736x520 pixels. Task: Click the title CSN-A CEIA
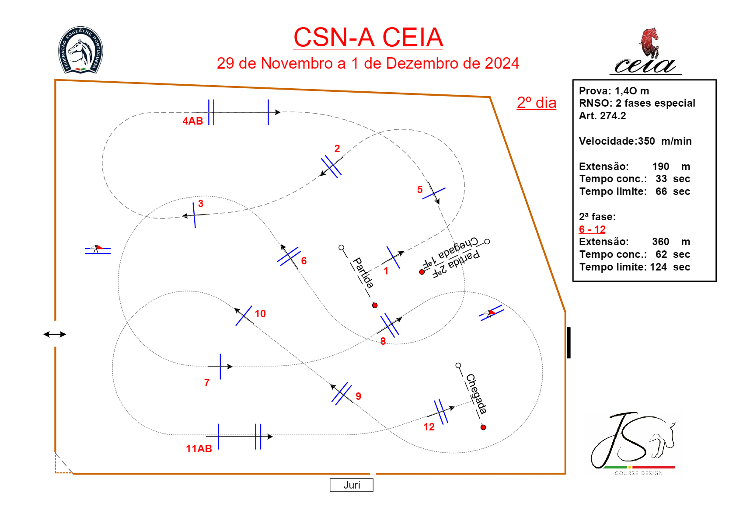pyautogui.click(x=368, y=38)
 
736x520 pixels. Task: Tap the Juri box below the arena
pyautogui.click(x=352, y=485)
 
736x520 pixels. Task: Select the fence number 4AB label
pyautogui.click(x=193, y=121)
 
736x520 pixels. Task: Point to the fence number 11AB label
pyautogui.click(x=199, y=449)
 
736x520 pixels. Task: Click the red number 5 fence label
pyautogui.click(x=420, y=190)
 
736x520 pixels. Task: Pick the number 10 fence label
pyautogui.click(x=260, y=314)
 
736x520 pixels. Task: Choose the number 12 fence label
pyautogui.click(x=429, y=427)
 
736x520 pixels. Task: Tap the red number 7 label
pyautogui.click(x=207, y=383)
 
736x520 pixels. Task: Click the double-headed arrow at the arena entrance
pyautogui.click(x=55, y=334)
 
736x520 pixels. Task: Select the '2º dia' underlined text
pyautogui.click(x=537, y=103)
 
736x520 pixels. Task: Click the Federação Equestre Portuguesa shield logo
pyautogui.click(x=80, y=49)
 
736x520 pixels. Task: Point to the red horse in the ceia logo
pyautogui.click(x=649, y=42)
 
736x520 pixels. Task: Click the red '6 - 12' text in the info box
pyautogui.click(x=592, y=229)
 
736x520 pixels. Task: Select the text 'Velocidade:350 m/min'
pyautogui.click(x=635, y=141)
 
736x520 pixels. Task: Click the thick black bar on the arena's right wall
pyautogui.click(x=569, y=343)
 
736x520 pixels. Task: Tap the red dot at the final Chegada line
pyautogui.click(x=483, y=427)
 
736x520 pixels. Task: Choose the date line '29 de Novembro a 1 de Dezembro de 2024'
pyautogui.click(x=368, y=63)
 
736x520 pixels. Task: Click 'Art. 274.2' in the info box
pyautogui.click(x=602, y=116)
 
